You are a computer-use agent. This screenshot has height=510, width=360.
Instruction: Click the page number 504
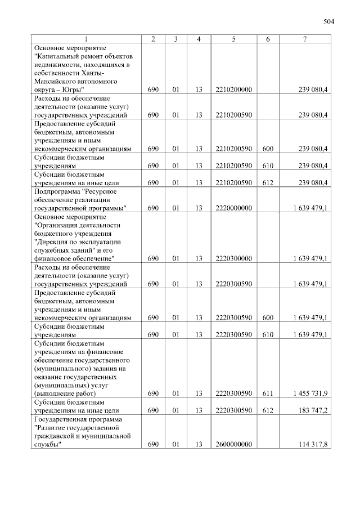tap(329, 23)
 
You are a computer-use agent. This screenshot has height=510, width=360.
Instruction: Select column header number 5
tap(233, 39)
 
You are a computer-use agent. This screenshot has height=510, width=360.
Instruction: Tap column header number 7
tap(304, 39)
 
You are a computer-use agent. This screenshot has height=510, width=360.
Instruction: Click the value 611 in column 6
tap(268, 393)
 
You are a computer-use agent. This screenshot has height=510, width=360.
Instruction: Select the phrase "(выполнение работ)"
tap(65, 393)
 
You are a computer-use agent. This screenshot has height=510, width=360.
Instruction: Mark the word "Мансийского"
tap(55, 82)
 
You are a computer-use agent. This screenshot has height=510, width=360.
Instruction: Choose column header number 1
tap(86, 39)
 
